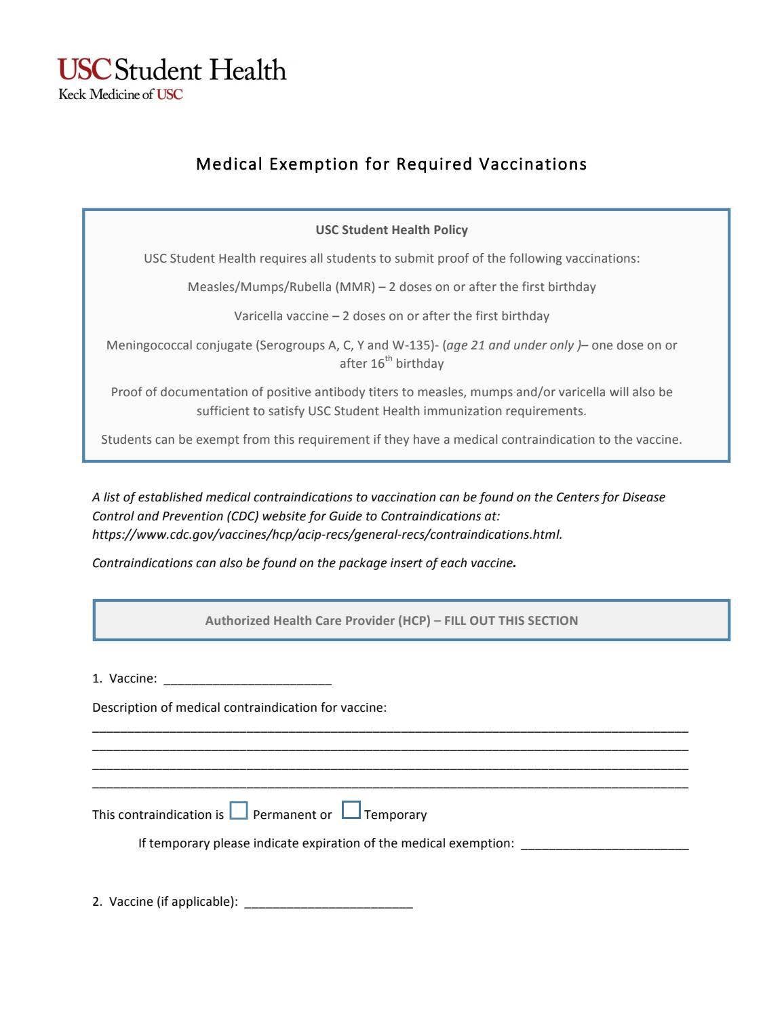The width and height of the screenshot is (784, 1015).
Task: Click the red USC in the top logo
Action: [x=84, y=70]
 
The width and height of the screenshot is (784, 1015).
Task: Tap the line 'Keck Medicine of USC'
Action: [x=121, y=95]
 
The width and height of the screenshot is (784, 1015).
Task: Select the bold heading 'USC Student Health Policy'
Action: [x=391, y=230]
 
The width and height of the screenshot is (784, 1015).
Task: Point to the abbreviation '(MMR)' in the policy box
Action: [x=355, y=287]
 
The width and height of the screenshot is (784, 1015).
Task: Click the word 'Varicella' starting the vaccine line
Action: [x=258, y=316]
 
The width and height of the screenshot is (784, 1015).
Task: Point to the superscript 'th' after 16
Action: [x=389, y=359]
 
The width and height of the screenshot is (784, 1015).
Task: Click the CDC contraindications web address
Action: [x=327, y=535]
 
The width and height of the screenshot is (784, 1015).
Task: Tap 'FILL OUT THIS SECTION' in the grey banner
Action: [x=511, y=621]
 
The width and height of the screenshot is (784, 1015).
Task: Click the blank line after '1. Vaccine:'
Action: [x=248, y=680]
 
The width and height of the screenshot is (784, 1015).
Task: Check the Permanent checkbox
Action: [x=239, y=811]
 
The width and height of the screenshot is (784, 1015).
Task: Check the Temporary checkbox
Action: [x=351, y=811]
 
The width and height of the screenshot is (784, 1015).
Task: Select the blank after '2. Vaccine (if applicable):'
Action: [x=328, y=903]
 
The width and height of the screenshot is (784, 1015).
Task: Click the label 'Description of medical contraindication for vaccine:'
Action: [x=239, y=708]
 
